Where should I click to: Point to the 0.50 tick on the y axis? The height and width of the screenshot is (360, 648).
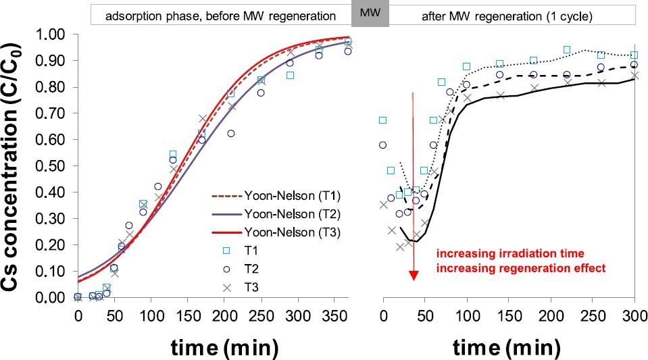click(x=57, y=165)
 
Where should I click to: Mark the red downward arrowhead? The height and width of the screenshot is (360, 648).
click(x=414, y=276)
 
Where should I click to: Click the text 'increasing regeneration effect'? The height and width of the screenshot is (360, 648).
click(x=520, y=267)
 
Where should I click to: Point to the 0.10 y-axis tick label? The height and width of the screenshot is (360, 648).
click(x=57, y=271)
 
